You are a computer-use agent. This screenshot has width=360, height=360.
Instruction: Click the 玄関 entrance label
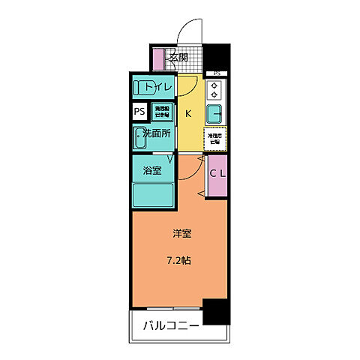(x=178, y=57)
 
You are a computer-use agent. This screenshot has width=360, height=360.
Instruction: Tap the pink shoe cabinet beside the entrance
(x=158, y=58)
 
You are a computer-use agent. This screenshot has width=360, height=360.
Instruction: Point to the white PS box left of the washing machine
(x=140, y=112)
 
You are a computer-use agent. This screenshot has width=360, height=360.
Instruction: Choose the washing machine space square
(x=162, y=112)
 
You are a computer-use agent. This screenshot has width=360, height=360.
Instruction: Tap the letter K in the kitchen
(x=188, y=113)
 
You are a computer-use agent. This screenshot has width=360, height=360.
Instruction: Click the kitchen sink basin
(x=216, y=115)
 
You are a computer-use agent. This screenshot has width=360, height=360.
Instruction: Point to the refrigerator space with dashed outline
(x=216, y=138)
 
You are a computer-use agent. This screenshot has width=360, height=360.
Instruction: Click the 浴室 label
(x=152, y=170)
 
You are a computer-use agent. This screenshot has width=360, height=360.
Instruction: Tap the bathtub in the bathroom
(x=153, y=193)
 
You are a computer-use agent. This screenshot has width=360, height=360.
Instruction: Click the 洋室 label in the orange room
(x=181, y=233)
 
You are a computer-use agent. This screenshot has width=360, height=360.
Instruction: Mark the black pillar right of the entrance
(x=217, y=58)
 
